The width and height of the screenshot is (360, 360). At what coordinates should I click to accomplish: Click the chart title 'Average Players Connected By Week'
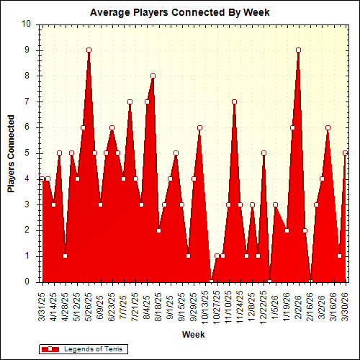click(x=179, y=12)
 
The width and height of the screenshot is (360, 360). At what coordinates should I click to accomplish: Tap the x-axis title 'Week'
click(x=193, y=335)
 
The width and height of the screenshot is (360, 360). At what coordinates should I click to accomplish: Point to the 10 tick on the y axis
click(x=26, y=24)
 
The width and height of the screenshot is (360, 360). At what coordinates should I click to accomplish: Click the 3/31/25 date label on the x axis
click(x=42, y=304)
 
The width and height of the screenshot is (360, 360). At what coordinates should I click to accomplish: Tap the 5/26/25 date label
click(x=89, y=304)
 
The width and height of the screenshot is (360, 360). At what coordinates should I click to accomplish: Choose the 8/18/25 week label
click(x=159, y=304)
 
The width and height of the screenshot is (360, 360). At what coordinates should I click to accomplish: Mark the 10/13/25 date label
click(x=206, y=304)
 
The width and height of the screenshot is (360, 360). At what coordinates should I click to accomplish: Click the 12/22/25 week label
click(x=264, y=304)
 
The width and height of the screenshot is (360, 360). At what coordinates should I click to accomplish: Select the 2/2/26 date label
click(x=299, y=305)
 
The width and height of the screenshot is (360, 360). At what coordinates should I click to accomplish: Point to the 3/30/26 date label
click(x=346, y=304)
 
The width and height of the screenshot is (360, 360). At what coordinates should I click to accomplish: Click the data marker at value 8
click(x=153, y=76)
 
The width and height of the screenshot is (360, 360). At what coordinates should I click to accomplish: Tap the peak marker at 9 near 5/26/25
click(x=89, y=50)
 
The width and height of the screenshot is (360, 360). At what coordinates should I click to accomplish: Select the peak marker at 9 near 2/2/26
click(x=298, y=50)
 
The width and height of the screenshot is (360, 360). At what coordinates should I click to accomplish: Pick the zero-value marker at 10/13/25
click(x=211, y=282)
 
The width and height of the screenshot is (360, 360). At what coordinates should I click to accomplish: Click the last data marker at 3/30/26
click(x=346, y=153)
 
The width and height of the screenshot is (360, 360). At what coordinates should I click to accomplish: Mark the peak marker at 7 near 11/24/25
click(x=234, y=102)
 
